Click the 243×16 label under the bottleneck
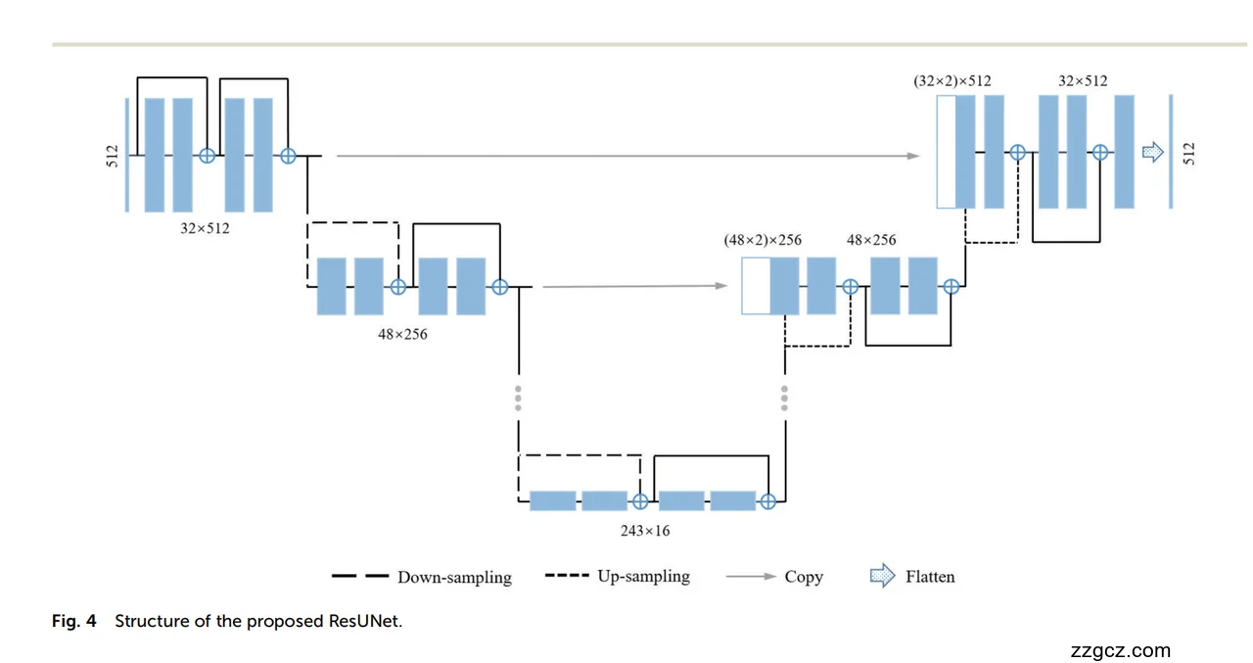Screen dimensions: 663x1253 [x=645, y=531]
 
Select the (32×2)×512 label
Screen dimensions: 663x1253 [x=951, y=81]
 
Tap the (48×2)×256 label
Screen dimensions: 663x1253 [x=763, y=240]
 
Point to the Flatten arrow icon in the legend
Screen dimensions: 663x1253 [x=882, y=576]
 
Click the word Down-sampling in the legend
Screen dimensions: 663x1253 [x=454, y=577]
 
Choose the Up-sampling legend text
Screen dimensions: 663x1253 [x=643, y=576]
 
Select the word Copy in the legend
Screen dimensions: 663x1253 [x=804, y=577]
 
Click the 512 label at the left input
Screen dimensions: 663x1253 [x=112, y=155]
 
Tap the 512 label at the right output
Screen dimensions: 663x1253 [x=1188, y=154]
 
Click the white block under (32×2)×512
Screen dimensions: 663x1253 [x=946, y=152]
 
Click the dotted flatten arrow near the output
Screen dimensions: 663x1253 [x=1153, y=152]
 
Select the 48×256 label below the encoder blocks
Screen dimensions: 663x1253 [x=402, y=334]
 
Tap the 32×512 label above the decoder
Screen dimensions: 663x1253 [x=1083, y=81]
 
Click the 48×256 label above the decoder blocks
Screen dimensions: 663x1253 [x=871, y=240]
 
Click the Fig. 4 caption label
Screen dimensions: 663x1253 [x=74, y=622]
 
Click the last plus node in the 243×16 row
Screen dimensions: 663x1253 [x=767, y=501]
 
